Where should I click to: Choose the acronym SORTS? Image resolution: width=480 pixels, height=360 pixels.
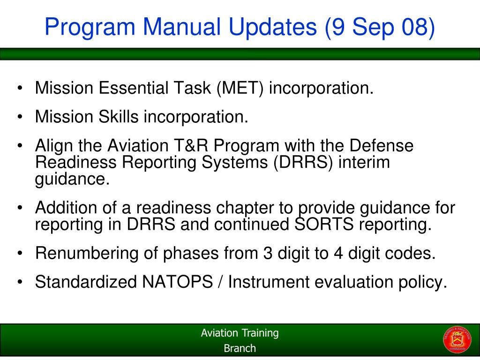click(324, 224)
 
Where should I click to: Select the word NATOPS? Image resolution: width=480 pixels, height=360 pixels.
click(174, 282)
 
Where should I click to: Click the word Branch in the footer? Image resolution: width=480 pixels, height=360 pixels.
click(240, 348)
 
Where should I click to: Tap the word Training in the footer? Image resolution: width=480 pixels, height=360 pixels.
click(260, 333)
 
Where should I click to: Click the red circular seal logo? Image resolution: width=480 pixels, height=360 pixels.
click(454, 339)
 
